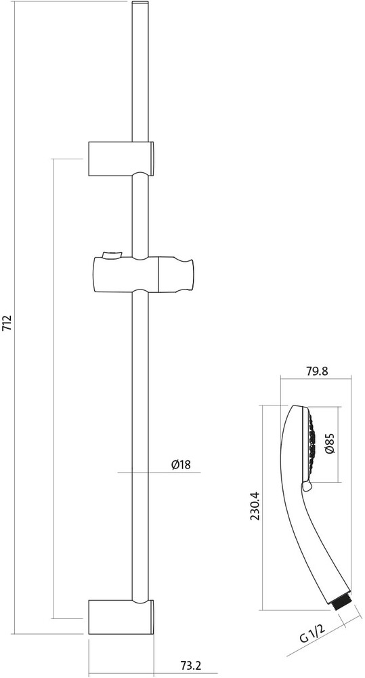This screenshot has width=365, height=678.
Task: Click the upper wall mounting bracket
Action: (x=122, y=159)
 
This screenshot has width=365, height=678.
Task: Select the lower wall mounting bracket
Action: (x=122, y=617)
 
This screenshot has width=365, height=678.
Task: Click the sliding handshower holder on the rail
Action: (x=143, y=274)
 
